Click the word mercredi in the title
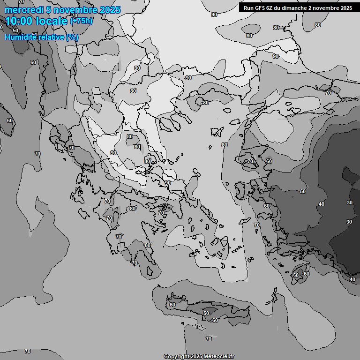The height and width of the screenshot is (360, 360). point(22,10)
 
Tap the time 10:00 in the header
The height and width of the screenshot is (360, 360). point(18,21)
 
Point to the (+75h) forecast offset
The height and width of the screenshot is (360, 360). point(82,21)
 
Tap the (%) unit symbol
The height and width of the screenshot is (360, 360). point(72,37)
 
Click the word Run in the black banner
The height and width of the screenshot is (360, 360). point(248,8)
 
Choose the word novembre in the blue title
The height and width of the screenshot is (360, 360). point(75,10)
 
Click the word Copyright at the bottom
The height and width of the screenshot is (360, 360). point(177,356)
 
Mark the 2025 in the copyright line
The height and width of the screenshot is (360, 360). point(197,356)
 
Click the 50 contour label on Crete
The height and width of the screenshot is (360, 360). point(206,313)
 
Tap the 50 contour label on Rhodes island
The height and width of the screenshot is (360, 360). point(296,276)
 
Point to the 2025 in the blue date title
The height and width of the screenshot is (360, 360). point(110,10)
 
